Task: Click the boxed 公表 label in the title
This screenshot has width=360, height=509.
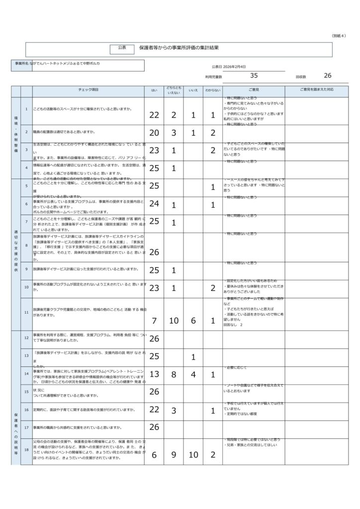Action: [x=122, y=48]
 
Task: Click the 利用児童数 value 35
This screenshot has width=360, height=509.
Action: [x=254, y=76]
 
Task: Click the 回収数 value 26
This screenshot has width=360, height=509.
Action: [x=327, y=76]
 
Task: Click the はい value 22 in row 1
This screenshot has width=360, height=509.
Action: [x=154, y=115]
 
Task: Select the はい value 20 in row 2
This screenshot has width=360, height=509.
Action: [x=154, y=133]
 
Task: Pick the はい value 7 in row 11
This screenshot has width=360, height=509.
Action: [x=154, y=320]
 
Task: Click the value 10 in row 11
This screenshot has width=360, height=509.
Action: [x=174, y=320]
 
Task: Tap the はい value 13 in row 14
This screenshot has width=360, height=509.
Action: [x=154, y=374]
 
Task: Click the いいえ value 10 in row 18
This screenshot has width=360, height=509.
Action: [x=193, y=455]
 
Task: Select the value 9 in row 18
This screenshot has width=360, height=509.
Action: [x=174, y=455]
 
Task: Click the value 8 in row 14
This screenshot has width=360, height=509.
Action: [x=174, y=374]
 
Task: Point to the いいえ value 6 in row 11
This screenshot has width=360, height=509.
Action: [x=193, y=320]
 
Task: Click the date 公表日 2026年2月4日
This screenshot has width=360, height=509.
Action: [x=228, y=66]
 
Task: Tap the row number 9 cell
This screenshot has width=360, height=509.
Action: [x=26, y=269]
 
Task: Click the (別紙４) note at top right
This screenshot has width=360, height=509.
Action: [x=339, y=36]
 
